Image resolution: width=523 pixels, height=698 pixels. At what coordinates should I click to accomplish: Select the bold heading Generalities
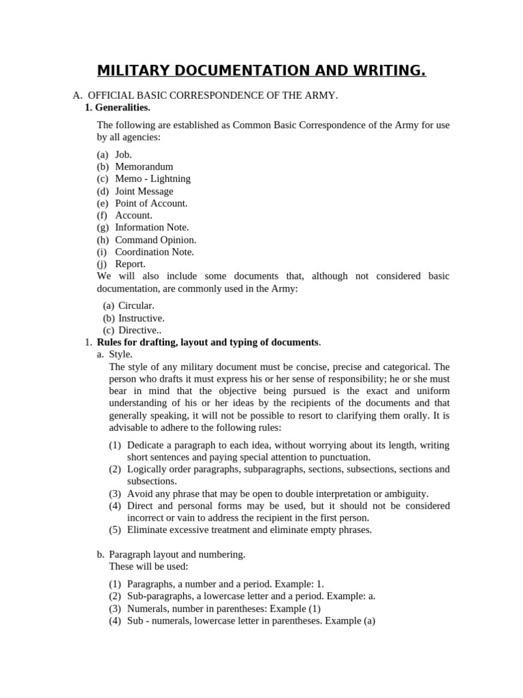123,108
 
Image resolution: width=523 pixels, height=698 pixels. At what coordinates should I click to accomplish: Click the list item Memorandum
144,166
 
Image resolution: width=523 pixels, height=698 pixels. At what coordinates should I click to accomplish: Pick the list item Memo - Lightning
153,179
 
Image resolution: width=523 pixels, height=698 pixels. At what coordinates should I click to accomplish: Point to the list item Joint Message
144,191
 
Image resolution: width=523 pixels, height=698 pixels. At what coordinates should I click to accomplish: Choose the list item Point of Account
151,203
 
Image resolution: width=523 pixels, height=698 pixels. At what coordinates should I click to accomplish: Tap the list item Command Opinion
155,239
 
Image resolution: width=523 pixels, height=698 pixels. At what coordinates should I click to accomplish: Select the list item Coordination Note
155,252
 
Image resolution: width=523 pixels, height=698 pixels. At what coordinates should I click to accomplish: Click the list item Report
130,264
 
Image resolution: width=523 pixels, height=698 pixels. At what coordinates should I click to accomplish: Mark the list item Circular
136,305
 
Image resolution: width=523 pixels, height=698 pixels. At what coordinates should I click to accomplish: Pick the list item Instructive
142,318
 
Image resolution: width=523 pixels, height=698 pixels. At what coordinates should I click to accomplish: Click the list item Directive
139,330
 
